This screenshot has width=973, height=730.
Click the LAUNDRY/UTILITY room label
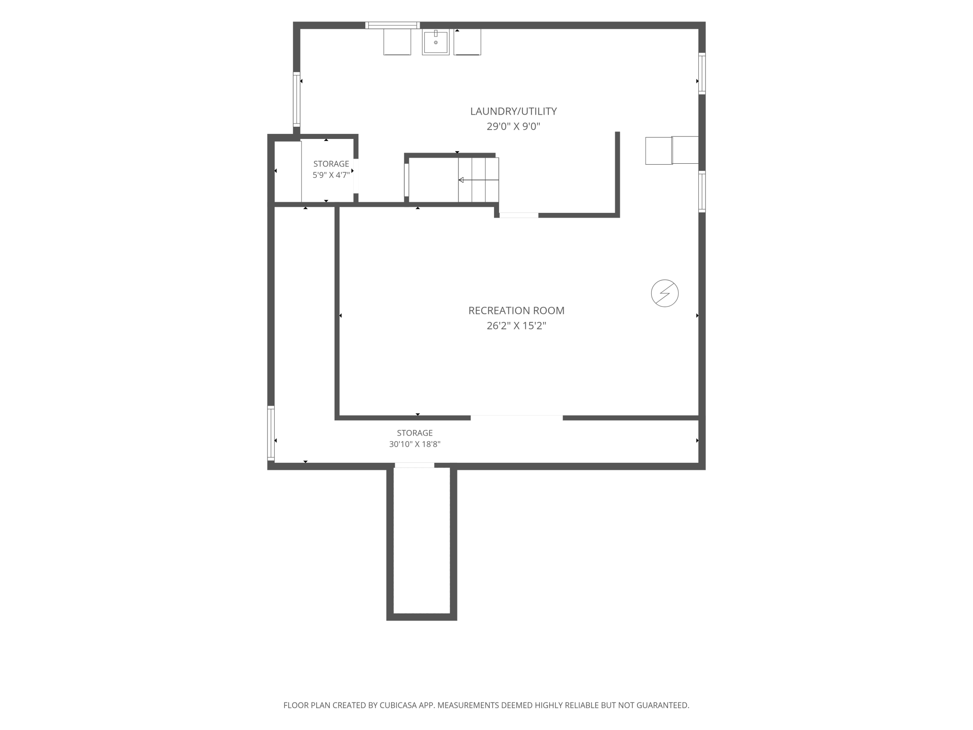(x=513, y=111)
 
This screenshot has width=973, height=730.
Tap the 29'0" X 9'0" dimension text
(x=513, y=126)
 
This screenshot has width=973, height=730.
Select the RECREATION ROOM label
(x=516, y=311)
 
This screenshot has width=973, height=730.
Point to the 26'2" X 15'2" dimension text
(x=516, y=326)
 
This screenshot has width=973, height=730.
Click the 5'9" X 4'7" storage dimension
(x=331, y=175)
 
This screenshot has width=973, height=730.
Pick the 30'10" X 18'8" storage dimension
(x=415, y=445)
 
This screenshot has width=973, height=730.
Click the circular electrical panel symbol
(x=665, y=293)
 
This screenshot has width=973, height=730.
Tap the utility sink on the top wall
(x=436, y=42)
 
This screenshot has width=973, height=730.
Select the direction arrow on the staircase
(x=478, y=180)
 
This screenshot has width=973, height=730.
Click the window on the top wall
(x=392, y=25)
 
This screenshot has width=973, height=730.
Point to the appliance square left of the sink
(x=397, y=42)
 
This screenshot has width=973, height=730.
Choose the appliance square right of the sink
(x=467, y=42)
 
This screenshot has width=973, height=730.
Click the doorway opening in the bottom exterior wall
(x=414, y=465)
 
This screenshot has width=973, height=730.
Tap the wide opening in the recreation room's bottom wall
(x=516, y=417)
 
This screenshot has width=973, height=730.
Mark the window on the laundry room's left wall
(x=297, y=99)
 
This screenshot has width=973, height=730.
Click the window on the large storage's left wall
(x=271, y=433)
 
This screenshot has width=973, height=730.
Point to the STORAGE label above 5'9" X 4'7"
(x=331, y=164)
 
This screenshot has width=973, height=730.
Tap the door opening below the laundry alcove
(x=519, y=215)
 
